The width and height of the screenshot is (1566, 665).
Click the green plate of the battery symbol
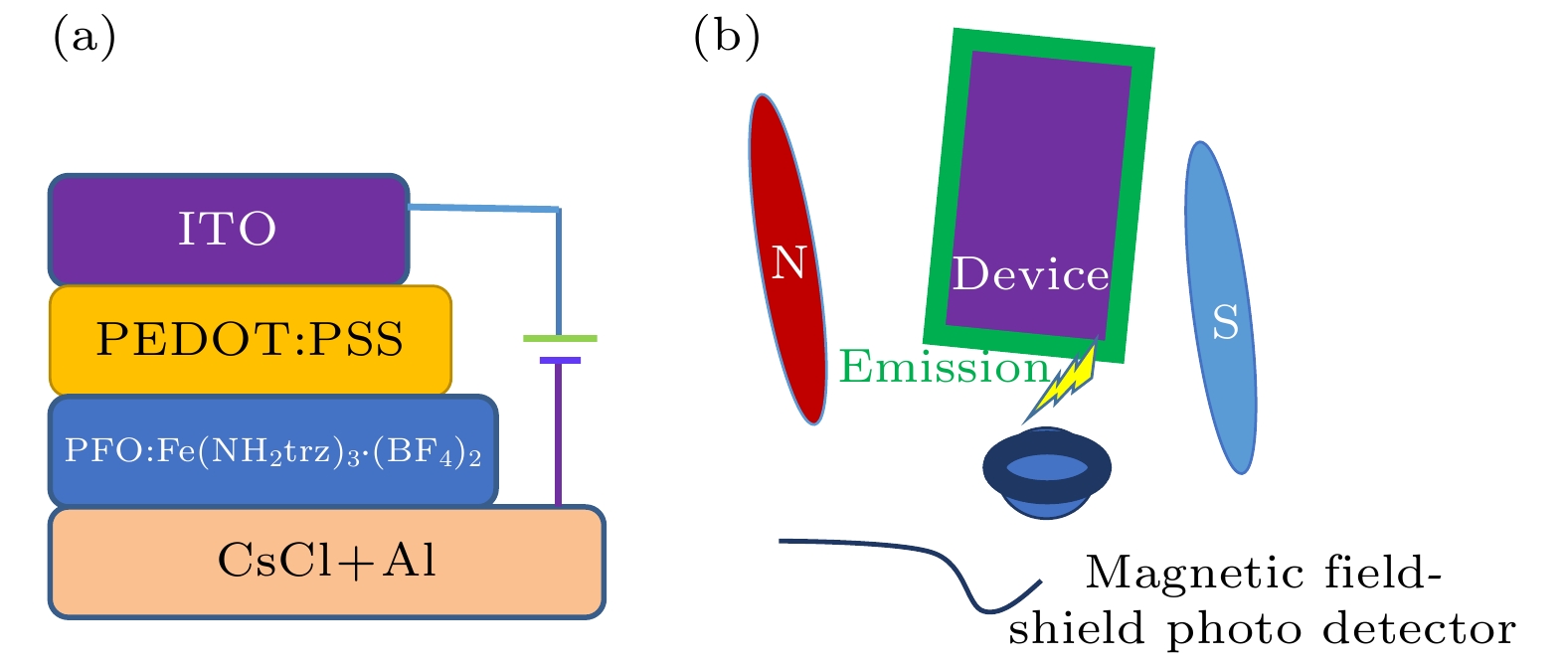click(x=560, y=339)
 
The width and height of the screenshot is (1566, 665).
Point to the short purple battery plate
click(x=560, y=360)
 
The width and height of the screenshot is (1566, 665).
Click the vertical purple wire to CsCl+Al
click(x=559, y=437)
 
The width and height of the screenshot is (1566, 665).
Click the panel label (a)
click(x=84, y=37)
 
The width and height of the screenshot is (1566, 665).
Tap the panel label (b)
click(x=726, y=37)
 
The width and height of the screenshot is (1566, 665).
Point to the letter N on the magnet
click(x=788, y=262)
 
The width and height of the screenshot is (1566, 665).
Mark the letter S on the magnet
click(x=1225, y=322)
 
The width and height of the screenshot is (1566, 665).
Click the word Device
click(x=1030, y=275)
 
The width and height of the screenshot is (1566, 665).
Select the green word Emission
click(x=944, y=367)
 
